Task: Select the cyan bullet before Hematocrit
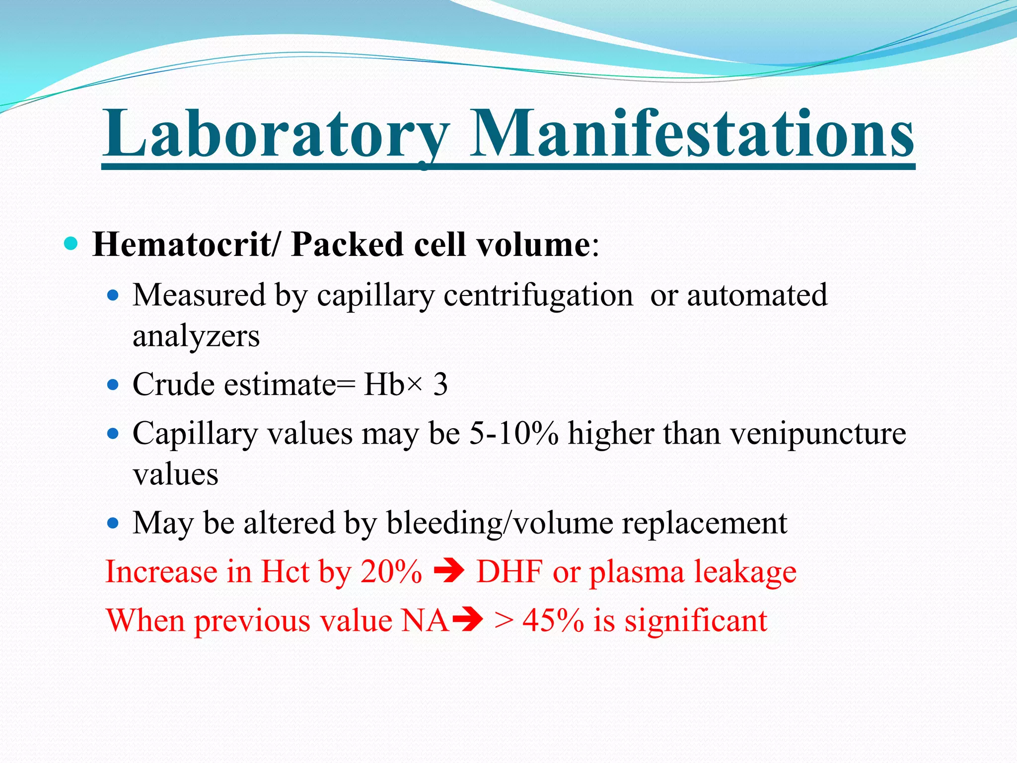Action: (x=72, y=243)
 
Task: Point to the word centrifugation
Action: (x=538, y=295)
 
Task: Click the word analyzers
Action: (x=196, y=336)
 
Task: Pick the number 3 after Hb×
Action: (x=440, y=384)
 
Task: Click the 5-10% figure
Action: (x=513, y=433)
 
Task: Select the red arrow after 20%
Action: (x=449, y=572)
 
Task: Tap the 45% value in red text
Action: (x=553, y=620)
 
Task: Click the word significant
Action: (x=696, y=620)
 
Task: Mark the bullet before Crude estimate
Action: (x=114, y=385)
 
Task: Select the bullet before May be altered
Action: (x=114, y=523)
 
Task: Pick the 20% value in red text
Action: (x=391, y=571)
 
